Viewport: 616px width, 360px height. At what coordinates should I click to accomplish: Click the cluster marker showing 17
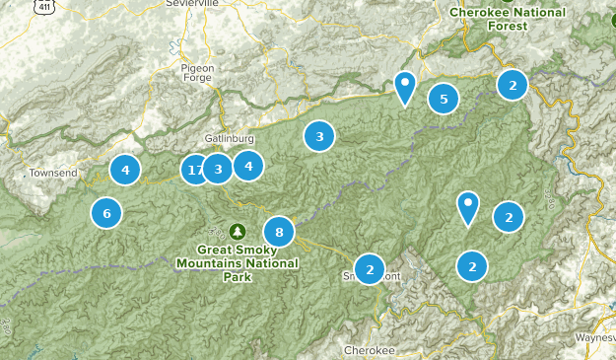tap(195, 170)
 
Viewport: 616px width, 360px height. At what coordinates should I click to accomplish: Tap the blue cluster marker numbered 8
tap(279, 233)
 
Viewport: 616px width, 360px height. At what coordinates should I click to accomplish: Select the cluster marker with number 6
tap(106, 212)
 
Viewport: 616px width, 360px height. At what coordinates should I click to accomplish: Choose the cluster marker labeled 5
tap(444, 98)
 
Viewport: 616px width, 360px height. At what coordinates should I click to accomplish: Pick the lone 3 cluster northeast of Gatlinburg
tap(318, 136)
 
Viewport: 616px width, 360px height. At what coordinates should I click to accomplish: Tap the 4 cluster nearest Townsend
tap(125, 171)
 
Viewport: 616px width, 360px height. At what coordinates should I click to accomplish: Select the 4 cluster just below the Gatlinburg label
tap(248, 167)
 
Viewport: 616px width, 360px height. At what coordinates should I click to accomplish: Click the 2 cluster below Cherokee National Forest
tap(513, 85)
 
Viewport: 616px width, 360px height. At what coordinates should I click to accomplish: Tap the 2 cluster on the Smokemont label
tap(369, 268)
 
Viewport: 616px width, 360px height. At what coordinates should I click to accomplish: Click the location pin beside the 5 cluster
tap(404, 87)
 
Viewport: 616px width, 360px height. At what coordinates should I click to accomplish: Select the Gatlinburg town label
tap(230, 138)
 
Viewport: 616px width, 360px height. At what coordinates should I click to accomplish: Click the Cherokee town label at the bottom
tap(370, 350)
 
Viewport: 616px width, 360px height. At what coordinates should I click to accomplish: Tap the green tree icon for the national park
tap(237, 231)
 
